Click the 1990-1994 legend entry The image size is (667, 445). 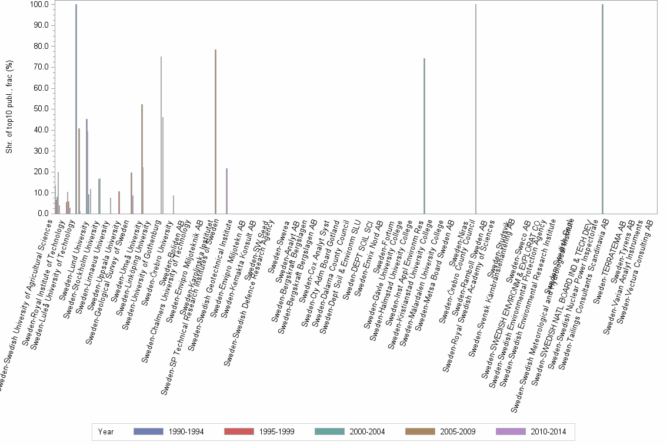pos(169,432)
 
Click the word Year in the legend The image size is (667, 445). pos(106,432)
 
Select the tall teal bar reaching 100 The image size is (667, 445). pos(602,109)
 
